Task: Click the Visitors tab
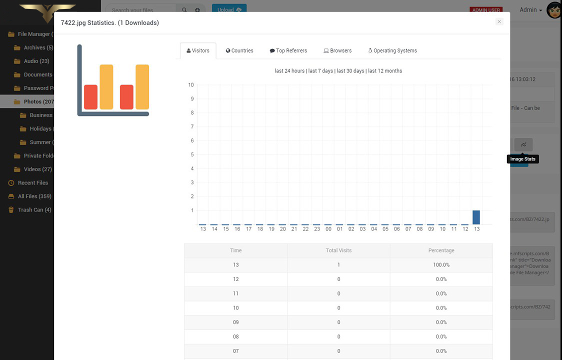click(198, 50)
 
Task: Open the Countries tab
click(239, 50)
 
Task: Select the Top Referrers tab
click(288, 50)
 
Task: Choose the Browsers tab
click(337, 50)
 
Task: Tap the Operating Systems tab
click(392, 50)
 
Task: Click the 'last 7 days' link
click(320, 71)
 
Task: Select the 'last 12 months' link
click(385, 71)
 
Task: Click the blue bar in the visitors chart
click(476, 217)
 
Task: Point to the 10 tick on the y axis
click(190, 85)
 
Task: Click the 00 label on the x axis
click(328, 229)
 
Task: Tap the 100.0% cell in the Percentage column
click(441, 264)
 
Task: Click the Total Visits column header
click(338, 250)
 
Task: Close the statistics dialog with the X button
click(499, 21)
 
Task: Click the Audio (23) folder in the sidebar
click(36, 61)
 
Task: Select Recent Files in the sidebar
click(33, 183)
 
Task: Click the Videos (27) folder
click(38, 169)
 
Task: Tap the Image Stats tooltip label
click(522, 159)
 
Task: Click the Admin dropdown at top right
click(530, 10)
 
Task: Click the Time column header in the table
click(235, 250)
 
